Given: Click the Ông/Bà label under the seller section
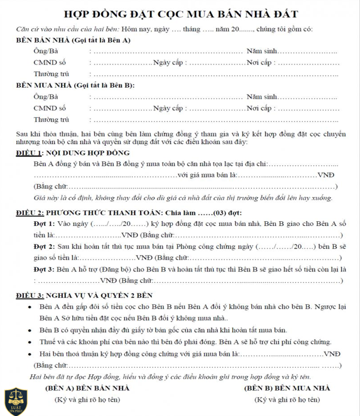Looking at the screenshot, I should coord(45,51).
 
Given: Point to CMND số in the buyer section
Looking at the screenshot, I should coord(50,108).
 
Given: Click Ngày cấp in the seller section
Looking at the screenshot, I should coord(167,63).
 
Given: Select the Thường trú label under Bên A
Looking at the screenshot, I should coord(48,74).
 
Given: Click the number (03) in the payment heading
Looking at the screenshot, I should coord(221,212).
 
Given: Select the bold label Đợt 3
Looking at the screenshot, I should coord(44,270).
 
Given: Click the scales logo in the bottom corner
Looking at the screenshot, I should coord(15,402).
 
